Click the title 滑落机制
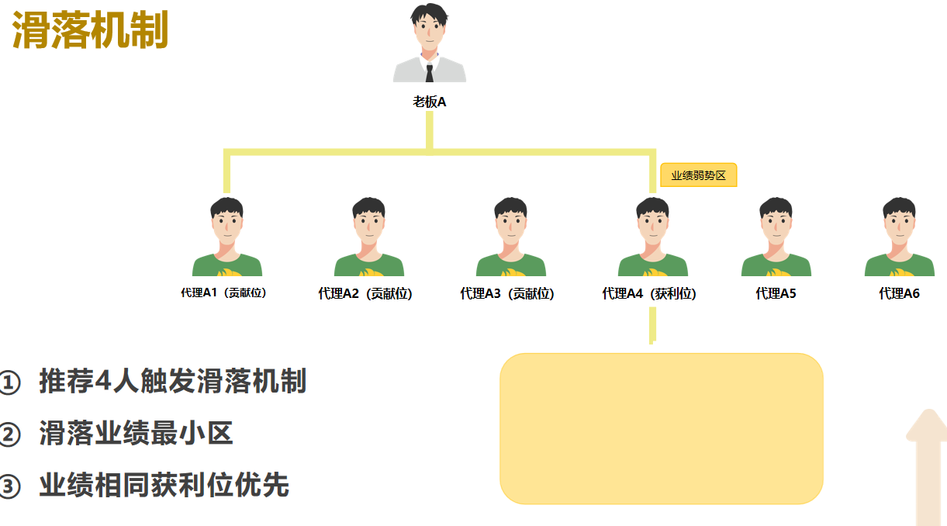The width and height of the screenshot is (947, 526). [x=90, y=30]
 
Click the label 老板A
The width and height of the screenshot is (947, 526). [x=429, y=102]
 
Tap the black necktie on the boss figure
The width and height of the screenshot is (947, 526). [x=430, y=73]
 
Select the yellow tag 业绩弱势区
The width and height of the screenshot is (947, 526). [x=698, y=175]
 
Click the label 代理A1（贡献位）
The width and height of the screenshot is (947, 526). [x=223, y=292]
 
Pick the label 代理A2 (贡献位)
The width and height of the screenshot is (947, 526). [x=365, y=293]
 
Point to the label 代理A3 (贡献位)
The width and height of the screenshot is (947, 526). [x=507, y=293]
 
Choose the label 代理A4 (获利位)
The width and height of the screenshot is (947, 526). [x=649, y=293]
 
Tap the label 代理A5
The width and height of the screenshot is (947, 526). [x=776, y=293]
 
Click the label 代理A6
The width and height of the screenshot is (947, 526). [x=899, y=293]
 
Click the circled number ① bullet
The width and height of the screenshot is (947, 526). [x=9, y=382]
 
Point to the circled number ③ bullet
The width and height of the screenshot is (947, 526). [x=9, y=486]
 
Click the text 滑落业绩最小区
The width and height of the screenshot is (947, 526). [x=136, y=433]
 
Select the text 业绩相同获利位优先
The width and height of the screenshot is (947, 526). [x=164, y=485]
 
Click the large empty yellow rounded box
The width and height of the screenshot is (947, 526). [x=662, y=429]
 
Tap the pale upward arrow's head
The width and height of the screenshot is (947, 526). [x=928, y=425]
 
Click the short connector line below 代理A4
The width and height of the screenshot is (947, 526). [x=652, y=326]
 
